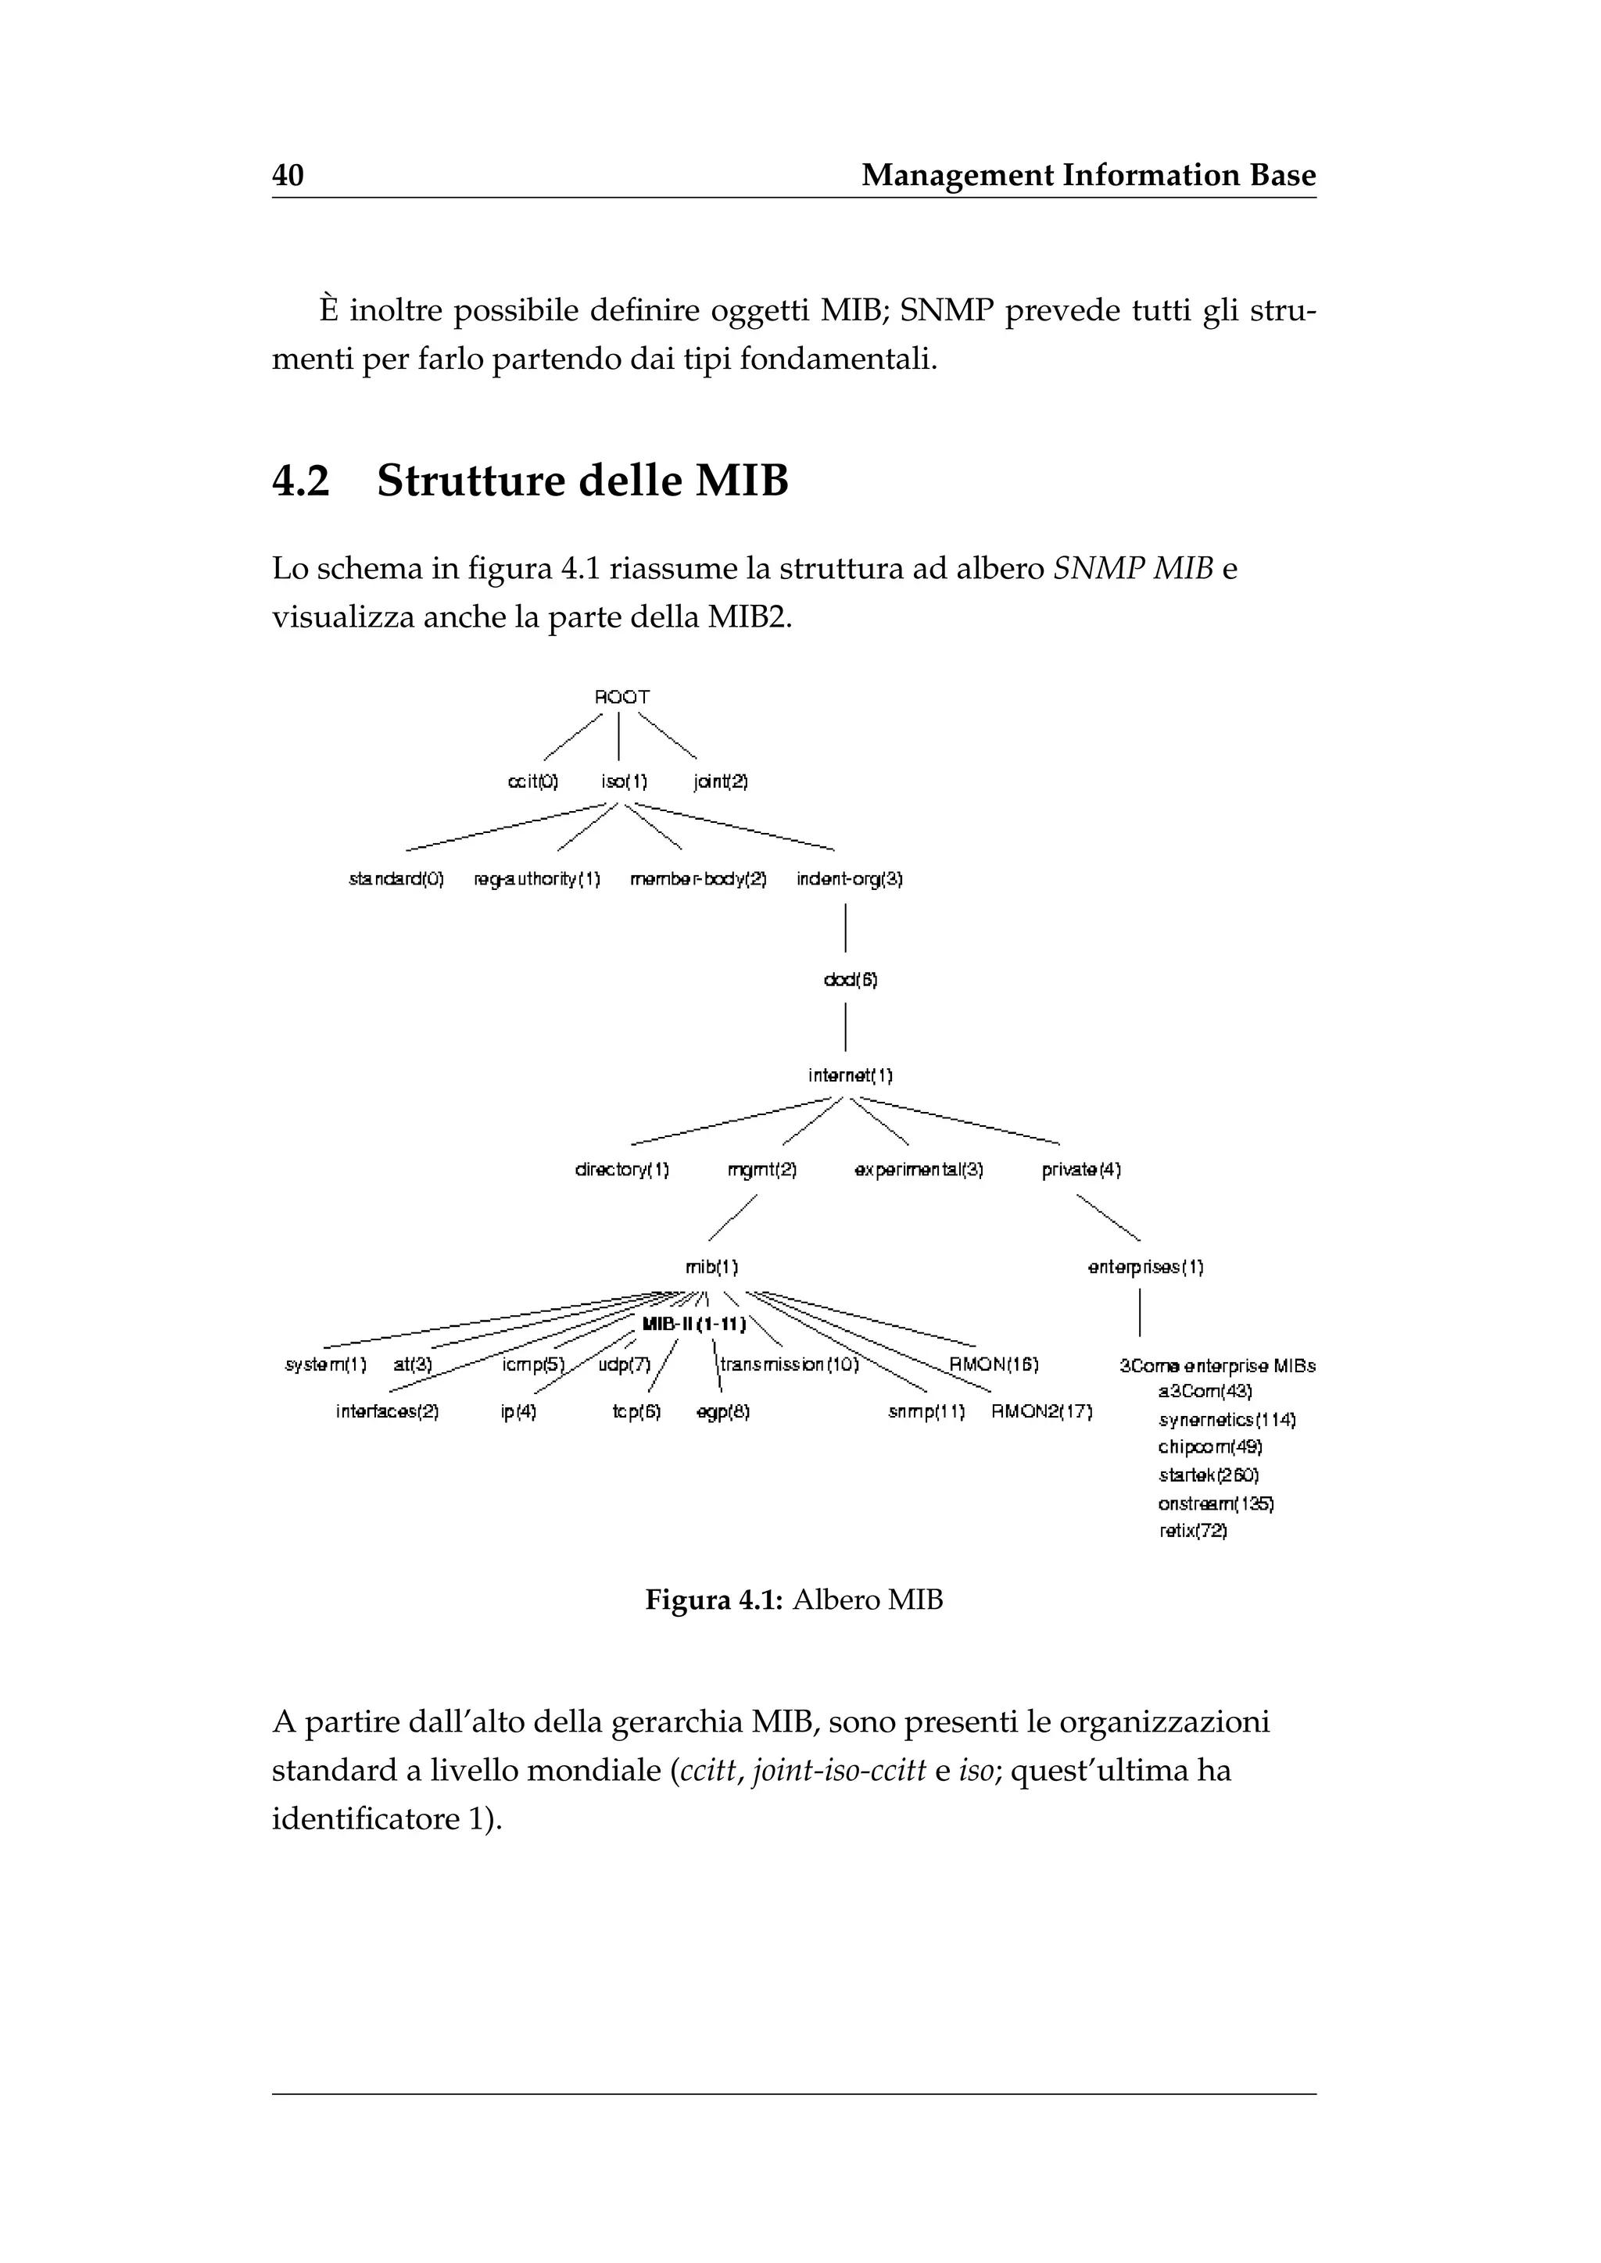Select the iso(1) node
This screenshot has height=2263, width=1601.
pos(624,781)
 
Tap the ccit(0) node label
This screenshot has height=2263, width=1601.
pos(532,781)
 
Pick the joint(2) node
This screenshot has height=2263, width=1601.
pos(721,781)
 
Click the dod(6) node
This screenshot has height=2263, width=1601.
pos(850,980)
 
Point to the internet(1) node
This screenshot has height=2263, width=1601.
pos(850,1075)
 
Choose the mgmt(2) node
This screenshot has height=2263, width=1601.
pos(761,1170)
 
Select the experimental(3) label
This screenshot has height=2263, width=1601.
pos(919,1170)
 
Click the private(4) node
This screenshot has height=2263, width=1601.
pos(1081,1170)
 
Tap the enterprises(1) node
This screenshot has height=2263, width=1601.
pos(1145,1267)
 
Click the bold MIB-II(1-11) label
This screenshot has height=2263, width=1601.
pos(693,1324)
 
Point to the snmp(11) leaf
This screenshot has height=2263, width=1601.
pos(926,1411)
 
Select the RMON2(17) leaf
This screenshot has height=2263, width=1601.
pos(1042,1411)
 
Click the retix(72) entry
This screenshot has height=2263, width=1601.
pos(1193,1531)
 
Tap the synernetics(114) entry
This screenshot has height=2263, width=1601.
pos(1227,1421)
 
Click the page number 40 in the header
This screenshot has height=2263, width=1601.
pos(288,176)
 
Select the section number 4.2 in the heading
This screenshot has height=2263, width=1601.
pos(301,481)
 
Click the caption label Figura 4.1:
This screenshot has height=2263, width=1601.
pos(714,1600)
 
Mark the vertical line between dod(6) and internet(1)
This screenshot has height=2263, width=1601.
pos(846,1027)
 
